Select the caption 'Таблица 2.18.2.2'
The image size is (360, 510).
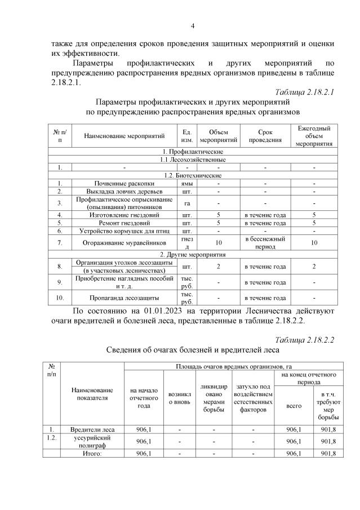coord(305,339)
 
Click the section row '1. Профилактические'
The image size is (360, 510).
coord(193,152)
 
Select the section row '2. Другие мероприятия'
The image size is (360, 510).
coord(193,255)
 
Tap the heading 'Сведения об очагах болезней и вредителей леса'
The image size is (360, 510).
coord(193,350)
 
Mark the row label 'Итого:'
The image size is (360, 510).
coord(91,453)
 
